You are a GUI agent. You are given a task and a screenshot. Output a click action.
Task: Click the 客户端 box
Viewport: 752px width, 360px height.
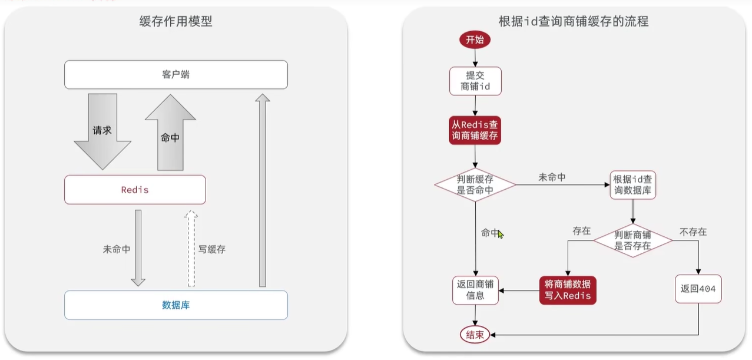(176, 75)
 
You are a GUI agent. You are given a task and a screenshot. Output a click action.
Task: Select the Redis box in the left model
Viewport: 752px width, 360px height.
(135, 190)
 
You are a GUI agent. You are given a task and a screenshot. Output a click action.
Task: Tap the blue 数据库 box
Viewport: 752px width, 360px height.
(176, 305)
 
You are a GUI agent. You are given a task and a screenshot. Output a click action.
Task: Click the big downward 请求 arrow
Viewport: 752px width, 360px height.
(102, 131)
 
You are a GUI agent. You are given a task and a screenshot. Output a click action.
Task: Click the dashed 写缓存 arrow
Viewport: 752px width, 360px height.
(191, 249)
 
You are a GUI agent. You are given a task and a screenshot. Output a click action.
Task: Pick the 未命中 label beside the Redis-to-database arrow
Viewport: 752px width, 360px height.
(117, 249)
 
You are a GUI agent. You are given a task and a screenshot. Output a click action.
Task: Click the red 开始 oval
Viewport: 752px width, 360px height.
(475, 39)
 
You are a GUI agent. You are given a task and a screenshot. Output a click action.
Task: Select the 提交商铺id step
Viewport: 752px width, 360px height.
(475, 81)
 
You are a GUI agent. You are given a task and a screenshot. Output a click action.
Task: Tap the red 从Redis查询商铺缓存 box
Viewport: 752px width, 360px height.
(475, 130)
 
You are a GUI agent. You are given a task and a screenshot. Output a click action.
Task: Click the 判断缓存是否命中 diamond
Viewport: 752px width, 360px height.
(475, 184)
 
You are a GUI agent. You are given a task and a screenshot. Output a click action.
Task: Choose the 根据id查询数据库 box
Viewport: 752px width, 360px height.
(633, 184)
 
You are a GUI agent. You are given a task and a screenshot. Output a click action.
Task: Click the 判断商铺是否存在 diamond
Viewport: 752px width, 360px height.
(633, 240)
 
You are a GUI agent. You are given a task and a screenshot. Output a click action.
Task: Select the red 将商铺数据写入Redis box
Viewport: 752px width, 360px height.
(568, 290)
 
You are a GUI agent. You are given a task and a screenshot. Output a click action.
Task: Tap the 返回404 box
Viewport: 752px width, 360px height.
(698, 289)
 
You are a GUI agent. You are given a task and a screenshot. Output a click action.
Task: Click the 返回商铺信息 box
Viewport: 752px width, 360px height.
(475, 290)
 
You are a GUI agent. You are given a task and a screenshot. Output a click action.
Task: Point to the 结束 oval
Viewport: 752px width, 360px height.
(475, 335)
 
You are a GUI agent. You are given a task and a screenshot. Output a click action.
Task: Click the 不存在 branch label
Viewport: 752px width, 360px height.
(693, 232)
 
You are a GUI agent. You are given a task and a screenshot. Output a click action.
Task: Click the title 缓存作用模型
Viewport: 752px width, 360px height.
(176, 21)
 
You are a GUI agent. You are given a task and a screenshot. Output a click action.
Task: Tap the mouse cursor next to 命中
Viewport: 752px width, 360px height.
(501, 234)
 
